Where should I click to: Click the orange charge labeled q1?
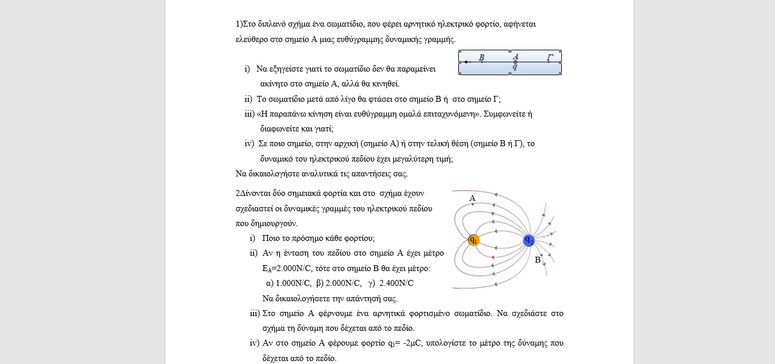(474, 240)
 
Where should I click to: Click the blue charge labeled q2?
(529, 240)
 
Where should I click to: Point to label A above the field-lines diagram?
(472, 198)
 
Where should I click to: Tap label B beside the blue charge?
(538, 259)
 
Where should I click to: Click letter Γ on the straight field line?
(550, 57)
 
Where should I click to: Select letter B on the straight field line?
(481, 57)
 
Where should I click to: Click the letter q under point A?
(515, 67)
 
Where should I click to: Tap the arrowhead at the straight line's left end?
(465, 62)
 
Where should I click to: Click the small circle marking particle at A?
(515, 62)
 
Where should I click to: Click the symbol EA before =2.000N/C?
(266, 268)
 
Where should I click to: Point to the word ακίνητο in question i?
(274, 83)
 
